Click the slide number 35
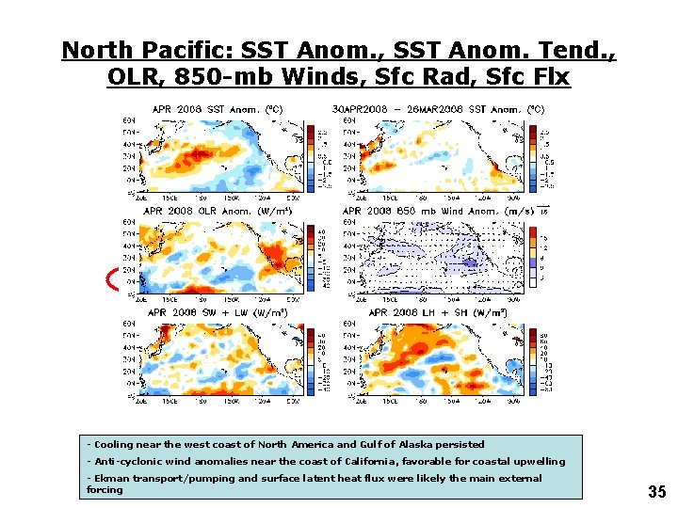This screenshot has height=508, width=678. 656,491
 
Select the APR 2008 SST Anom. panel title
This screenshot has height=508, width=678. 217,109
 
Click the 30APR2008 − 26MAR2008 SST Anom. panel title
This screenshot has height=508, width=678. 438,109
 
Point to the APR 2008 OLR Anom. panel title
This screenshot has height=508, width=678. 217,211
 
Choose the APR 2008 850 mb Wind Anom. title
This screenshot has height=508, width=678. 438,211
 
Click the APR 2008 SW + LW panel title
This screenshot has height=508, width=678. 217,312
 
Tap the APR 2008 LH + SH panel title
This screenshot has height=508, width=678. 438,312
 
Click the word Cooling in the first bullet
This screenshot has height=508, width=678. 113,444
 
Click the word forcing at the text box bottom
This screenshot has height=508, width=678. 105,489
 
